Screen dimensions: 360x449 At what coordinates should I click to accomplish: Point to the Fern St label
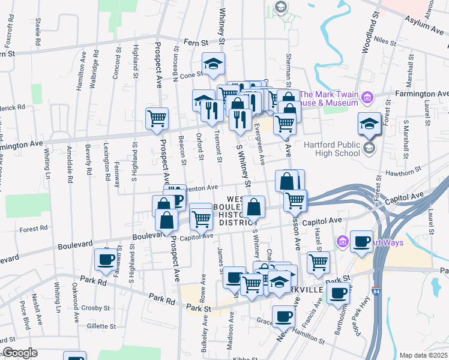(x=196, y=43)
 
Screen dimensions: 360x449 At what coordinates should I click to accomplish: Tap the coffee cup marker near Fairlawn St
(x=106, y=259)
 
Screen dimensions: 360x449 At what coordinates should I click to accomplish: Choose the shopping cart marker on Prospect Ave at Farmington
(x=157, y=118)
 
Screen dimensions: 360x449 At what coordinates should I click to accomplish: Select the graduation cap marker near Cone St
(x=212, y=65)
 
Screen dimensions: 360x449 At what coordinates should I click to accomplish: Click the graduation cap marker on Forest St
(x=369, y=124)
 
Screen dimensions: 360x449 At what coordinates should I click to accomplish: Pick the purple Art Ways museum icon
(x=342, y=242)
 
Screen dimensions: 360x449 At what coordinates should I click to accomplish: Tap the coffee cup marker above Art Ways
(x=361, y=241)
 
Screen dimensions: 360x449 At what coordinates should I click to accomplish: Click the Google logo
(x=20, y=353)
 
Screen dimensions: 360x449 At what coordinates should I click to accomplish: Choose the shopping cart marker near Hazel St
(x=318, y=262)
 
